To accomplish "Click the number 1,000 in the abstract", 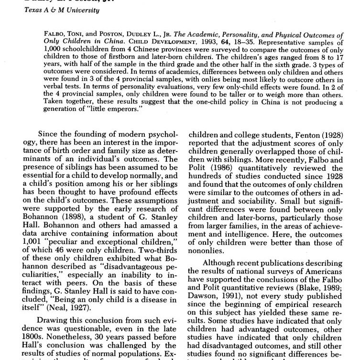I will [x=52, y=49].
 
